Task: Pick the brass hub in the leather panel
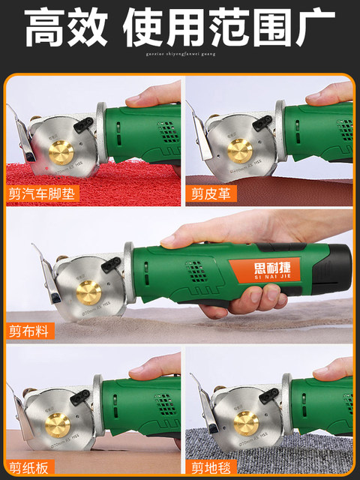[240, 151]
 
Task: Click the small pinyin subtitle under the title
[180, 55]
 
